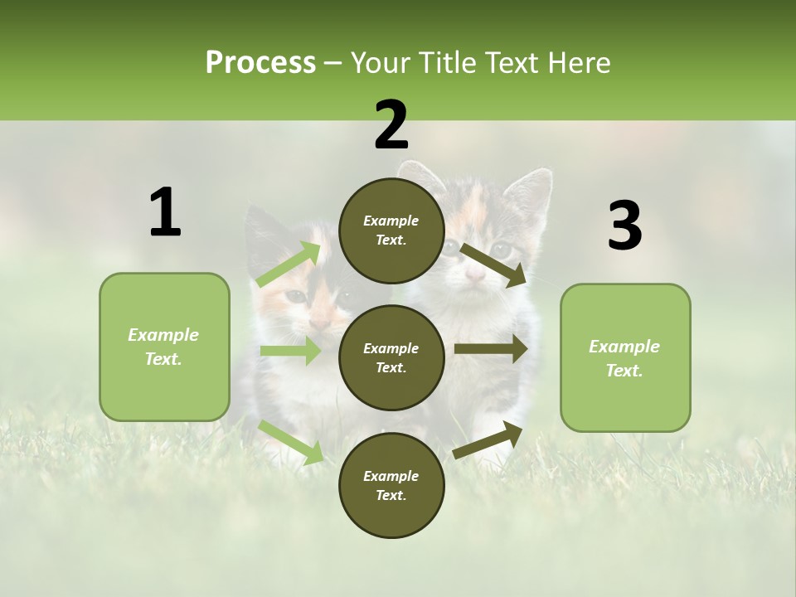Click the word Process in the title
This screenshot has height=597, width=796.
260,62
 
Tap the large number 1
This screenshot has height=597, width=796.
165,213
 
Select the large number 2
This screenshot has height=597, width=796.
391,125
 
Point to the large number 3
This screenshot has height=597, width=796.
625,226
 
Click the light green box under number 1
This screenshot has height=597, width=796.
164,347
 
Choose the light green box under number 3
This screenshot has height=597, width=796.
625,358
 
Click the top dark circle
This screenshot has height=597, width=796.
391,231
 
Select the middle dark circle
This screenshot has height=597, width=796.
391,358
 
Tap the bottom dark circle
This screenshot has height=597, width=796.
391,486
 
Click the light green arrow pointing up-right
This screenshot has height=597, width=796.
289,264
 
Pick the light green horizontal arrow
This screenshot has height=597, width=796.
290,351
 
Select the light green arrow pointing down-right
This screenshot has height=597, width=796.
291,442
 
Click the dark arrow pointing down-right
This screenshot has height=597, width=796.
493,265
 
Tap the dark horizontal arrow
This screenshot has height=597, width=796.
491,349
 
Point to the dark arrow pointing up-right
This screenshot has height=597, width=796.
488,439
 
